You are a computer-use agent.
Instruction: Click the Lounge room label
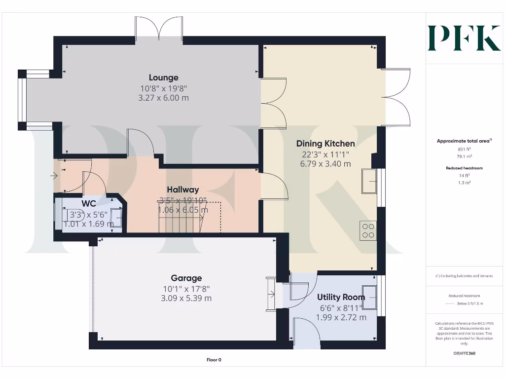pyautogui.click(x=164, y=77)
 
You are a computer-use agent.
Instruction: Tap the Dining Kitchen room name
pyautogui.click(x=325, y=144)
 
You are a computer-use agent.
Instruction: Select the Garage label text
pyautogui.click(x=186, y=278)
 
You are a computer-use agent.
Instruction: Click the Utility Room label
pyautogui.click(x=341, y=297)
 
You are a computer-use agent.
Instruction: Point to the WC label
pyautogui.click(x=89, y=203)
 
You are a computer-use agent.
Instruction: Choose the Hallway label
pyautogui.click(x=182, y=189)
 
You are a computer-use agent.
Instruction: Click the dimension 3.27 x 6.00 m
pyautogui.click(x=164, y=98)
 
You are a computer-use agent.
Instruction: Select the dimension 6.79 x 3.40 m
pyautogui.click(x=325, y=164)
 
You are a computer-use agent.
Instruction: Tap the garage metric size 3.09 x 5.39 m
pyautogui.click(x=186, y=299)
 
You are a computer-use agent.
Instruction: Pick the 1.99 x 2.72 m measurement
pyautogui.click(x=341, y=317)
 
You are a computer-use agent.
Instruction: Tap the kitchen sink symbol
pyautogui.click(x=369, y=182)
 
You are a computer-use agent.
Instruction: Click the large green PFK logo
pyautogui.click(x=464, y=38)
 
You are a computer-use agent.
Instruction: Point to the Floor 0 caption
pyautogui.click(x=214, y=360)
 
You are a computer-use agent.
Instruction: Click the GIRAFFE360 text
pyautogui.click(x=464, y=353)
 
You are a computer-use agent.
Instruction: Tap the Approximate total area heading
pyautogui.click(x=464, y=141)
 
